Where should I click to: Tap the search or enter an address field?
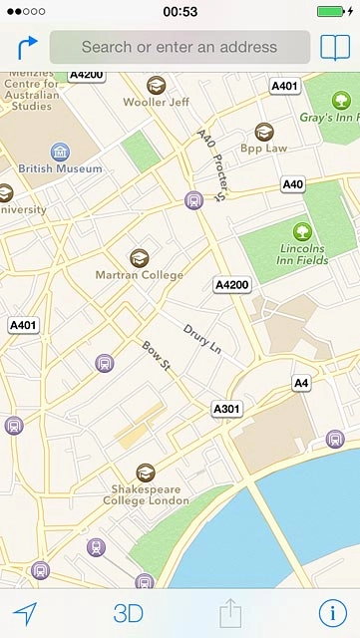180,47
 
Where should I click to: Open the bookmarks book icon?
334,47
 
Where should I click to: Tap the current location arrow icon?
25,612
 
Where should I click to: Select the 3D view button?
128,613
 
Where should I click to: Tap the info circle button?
331,612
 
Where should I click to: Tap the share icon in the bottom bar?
230,611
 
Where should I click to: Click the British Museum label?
60,169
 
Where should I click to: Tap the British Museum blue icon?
60,152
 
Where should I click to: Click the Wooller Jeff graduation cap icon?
156,86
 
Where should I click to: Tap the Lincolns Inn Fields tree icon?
302,231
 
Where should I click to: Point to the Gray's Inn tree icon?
342,100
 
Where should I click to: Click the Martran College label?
139,275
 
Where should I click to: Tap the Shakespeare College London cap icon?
146,473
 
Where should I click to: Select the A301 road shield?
226,410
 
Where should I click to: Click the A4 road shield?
301,383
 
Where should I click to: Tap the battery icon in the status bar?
335,11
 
